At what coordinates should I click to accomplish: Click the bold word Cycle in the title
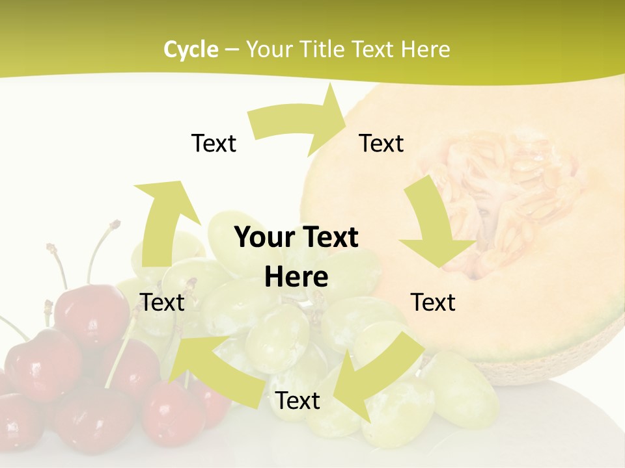tap(191, 49)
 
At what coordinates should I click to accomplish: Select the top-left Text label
tap(214, 143)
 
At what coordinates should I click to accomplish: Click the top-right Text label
tap(382, 143)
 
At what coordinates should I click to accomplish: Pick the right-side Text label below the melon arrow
tap(433, 302)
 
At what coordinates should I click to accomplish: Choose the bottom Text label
tap(298, 401)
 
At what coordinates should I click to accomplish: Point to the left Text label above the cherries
tap(162, 302)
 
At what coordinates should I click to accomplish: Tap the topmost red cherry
tap(91, 312)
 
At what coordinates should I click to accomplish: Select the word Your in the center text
tap(264, 238)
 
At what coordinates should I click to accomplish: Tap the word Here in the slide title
tap(426, 49)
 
